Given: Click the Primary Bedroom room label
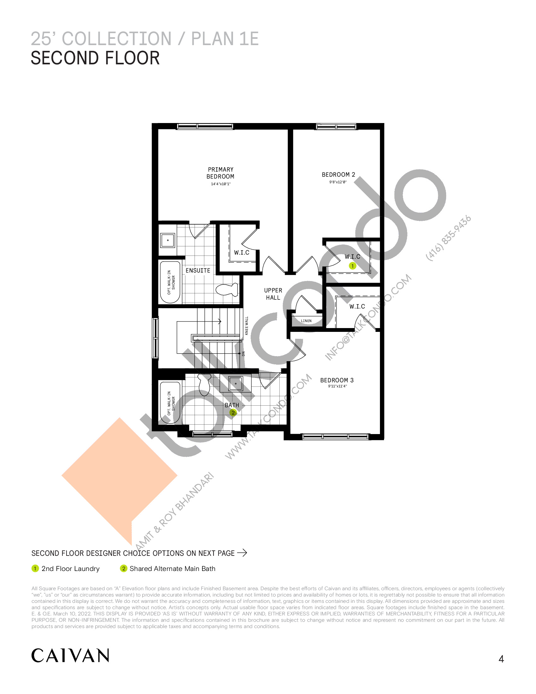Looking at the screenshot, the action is point(220,173).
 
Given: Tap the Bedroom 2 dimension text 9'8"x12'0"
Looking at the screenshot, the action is point(338,182).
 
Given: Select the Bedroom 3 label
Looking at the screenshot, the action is point(337,380).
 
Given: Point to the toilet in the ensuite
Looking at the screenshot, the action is point(227,290).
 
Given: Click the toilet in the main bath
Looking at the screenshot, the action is point(204,384).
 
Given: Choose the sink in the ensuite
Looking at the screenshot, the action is point(168,240).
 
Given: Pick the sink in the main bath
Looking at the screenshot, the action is point(236,384).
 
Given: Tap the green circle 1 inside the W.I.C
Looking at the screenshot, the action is point(352,266).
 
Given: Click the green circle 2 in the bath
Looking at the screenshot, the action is point(233,413).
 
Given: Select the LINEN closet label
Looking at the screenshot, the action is point(306,321).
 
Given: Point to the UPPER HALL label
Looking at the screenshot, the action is point(273,294).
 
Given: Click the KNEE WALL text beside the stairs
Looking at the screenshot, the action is point(247,326).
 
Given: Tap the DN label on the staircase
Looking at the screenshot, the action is point(243,353).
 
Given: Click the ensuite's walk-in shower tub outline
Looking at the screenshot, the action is point(170,282).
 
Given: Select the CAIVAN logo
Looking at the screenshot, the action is point(70,656).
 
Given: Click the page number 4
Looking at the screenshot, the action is point(501,659).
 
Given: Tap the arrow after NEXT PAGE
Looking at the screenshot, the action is point(242,553).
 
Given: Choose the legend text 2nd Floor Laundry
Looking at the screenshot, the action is point(71,568).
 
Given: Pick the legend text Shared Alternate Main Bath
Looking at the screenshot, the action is point(172,568).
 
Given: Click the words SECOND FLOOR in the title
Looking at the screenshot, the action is point(95,58).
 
